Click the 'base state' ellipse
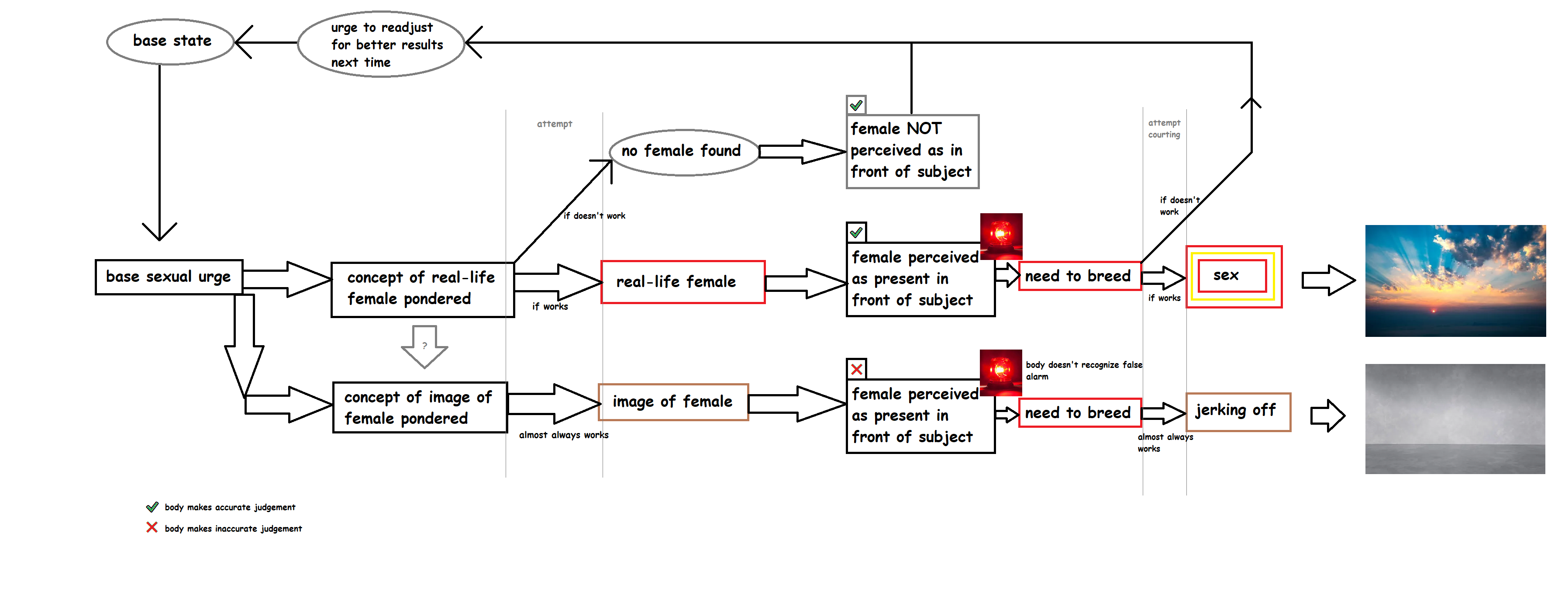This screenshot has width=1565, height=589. (171, 42)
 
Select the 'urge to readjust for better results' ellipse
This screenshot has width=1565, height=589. (382, 45)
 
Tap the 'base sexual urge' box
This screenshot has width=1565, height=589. (168, 277)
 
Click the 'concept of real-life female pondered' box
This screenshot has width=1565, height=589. (422, 289)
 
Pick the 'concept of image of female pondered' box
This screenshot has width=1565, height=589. (419, 407)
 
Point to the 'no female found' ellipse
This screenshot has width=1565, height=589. (683, 151)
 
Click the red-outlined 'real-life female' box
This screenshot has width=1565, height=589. (682, 282)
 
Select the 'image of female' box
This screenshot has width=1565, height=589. (672, 402)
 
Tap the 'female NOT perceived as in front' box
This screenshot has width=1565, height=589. (912, 151)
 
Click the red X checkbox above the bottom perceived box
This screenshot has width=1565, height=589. (856, 369)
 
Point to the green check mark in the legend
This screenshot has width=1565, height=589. (152, 507)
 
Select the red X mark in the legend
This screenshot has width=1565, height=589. (152, 527)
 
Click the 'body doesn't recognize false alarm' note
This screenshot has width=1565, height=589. (1083, 370)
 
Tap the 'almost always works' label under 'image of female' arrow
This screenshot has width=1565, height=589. (563, 435)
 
